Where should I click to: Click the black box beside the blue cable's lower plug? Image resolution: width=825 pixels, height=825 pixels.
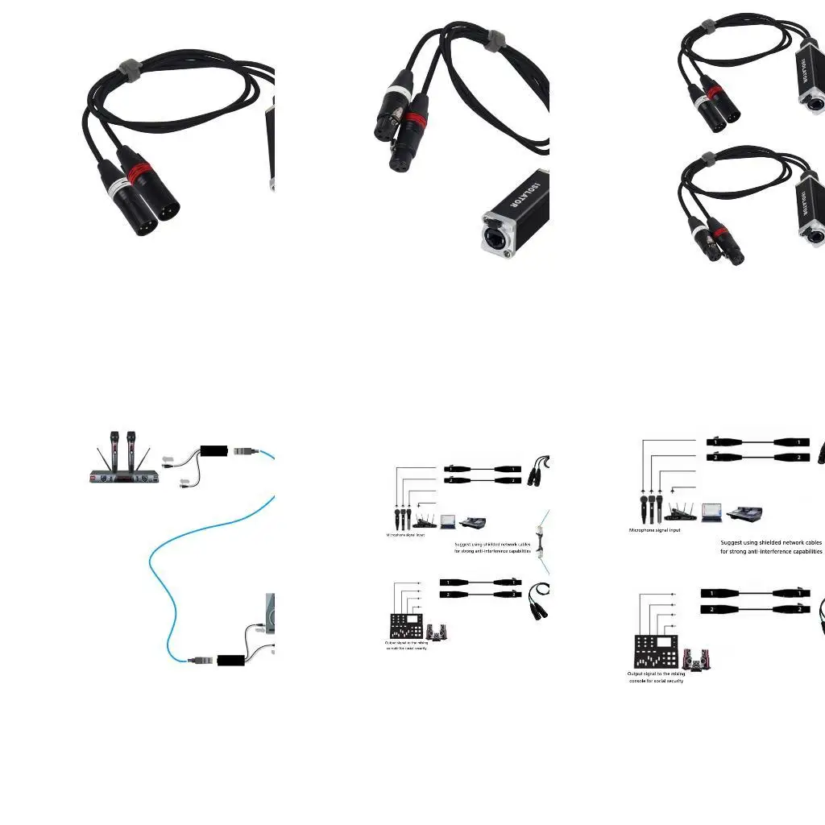(231, 661)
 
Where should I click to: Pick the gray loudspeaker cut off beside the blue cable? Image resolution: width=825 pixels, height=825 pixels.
(270, 612)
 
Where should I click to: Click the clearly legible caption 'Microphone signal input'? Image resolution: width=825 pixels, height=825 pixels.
(654, 530)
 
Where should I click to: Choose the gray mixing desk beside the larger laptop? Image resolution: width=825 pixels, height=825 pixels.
(744, 513)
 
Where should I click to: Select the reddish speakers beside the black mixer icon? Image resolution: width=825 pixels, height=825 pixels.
(699, 659)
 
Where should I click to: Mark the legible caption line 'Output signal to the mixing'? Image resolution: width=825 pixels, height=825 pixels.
(656, 674)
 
